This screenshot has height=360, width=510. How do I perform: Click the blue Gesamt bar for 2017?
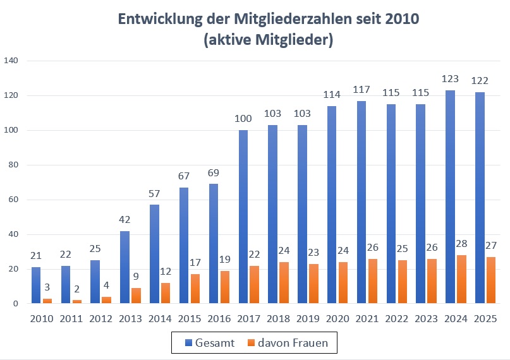tap(243, 217)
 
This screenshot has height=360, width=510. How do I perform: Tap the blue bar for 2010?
tap(36, 285)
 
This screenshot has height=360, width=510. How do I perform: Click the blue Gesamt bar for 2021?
tap(361, 202)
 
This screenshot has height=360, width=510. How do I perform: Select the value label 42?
tap(125, 220)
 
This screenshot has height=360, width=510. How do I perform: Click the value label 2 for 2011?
tap(76, 291)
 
